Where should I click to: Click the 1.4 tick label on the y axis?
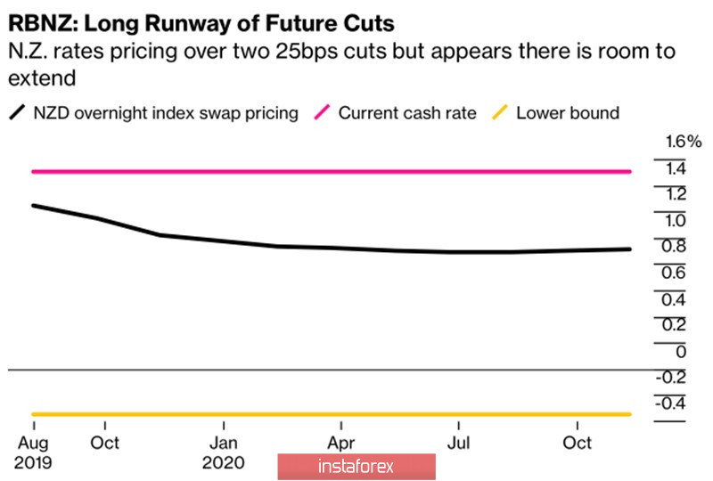point(676,168)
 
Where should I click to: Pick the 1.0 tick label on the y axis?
point(676,220)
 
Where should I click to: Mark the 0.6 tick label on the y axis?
point(676,273)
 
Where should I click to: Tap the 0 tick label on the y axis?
point(680,351)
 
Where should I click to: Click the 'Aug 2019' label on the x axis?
point(33,452)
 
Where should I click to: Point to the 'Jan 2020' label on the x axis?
point(224,452)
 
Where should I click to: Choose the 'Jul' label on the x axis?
point(458,443)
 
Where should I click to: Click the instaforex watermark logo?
point(356,466)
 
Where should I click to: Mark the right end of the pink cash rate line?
point(630,171)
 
